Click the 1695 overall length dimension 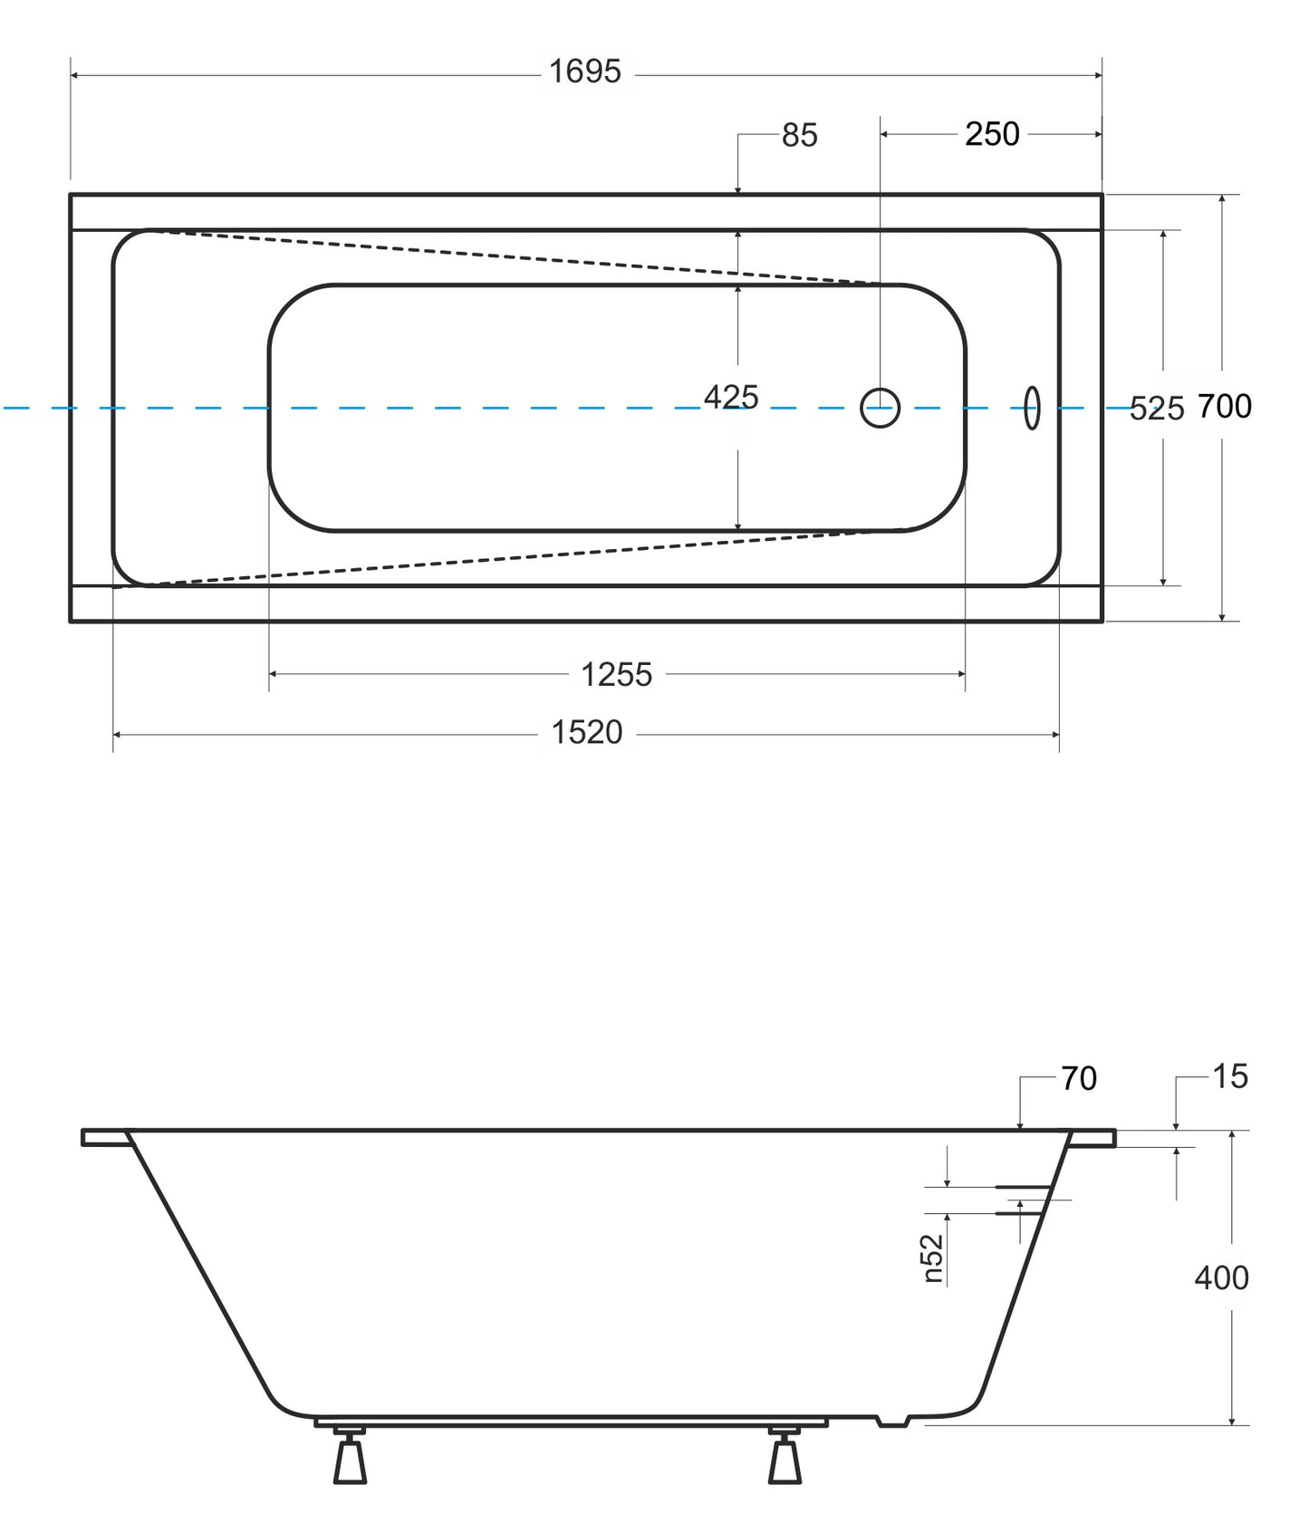[x=585, y=72]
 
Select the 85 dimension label [x=799, y=135]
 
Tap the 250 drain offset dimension [x=992, y=134]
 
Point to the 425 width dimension [x=731, y=397]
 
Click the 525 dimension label [x=1157, y=409]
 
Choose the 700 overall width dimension [x=1225, y=407]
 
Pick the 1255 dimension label [x=616, y=675]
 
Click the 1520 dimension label [x=587, y=732]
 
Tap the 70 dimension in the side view [x=1079, y=1078]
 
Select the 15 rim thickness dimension [x=1230, y=1076]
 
